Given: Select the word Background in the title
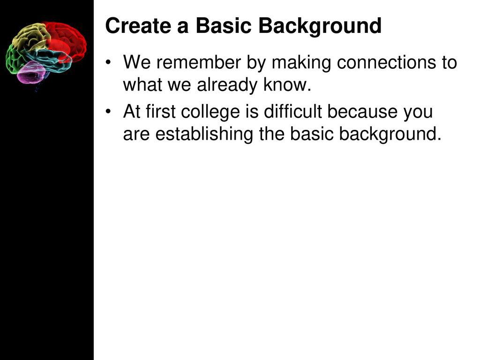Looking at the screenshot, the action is tap(320, 27).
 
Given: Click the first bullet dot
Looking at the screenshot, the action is tap(108, 62).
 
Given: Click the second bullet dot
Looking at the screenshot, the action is tap(108, 112).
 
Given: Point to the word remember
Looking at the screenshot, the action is tap(198, 62).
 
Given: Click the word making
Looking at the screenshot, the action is tap(301, 63).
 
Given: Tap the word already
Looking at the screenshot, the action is tap(227, 86).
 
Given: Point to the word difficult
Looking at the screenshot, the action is tap(292, 112).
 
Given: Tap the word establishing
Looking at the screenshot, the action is tap(204, 135).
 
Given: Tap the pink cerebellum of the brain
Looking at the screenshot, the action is tap(31, 73).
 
